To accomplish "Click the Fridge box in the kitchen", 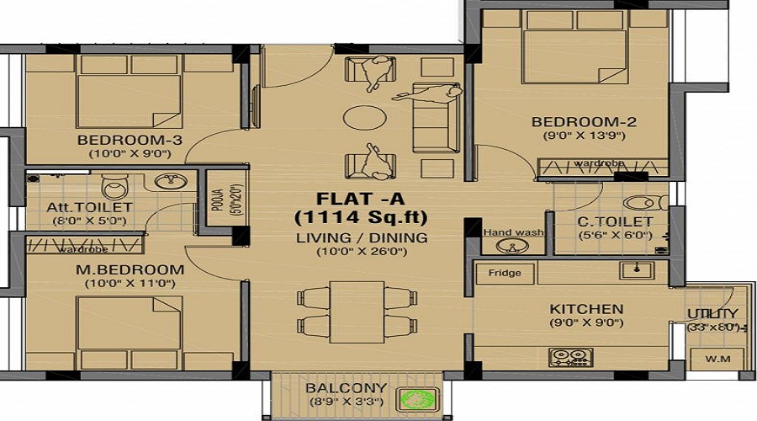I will [x=505, y=273].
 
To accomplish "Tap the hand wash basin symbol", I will [x=507, y=247].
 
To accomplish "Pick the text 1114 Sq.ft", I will [x=359, y=217].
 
